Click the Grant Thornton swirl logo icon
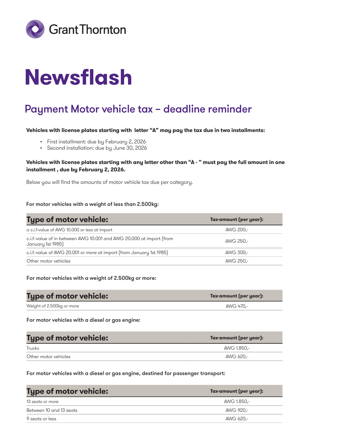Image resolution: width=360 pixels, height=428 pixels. point(35,29)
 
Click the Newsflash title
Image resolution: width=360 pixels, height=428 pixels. point(78,77)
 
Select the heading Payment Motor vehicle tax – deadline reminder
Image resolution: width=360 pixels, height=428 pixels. point(138,109)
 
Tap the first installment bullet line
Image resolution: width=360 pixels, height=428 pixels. point(96,142)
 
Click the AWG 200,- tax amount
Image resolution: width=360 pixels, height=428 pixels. point(237,230)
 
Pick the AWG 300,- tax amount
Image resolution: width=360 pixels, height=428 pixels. point(237,253)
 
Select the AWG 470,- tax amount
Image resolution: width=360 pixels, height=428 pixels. point(237,306)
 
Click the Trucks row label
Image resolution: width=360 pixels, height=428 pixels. point(33,348)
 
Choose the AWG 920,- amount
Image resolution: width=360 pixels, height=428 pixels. point(237,410)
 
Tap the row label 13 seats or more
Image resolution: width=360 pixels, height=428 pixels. point(42,402)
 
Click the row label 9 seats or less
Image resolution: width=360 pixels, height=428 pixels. point(41,419)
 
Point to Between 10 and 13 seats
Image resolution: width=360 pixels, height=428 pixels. point(52,410)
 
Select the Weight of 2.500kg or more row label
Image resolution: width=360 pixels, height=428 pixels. point(53,306)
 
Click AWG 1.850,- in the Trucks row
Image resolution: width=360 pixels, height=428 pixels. point(237,348)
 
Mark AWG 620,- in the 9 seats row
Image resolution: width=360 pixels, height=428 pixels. point(237,419)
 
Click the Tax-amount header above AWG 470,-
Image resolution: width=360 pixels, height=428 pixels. point(237,296)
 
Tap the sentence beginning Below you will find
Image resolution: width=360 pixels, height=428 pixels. point(109,182)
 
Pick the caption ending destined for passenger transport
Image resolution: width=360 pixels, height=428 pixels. point(126,373)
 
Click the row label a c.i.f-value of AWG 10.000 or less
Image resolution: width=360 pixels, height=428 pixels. point(69,230)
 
